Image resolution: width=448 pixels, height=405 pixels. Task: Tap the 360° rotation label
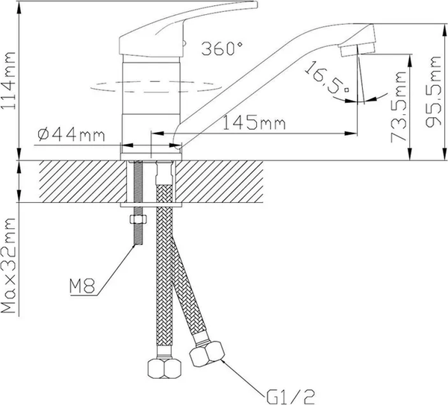223,50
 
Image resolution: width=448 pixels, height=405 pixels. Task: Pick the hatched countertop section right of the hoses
224,180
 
